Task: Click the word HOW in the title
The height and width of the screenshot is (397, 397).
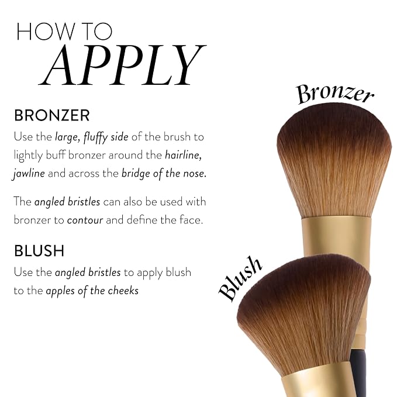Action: pyautogui.click(x=46, y=32)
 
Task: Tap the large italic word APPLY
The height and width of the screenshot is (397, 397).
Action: pyautogui.click(x=123, y=64)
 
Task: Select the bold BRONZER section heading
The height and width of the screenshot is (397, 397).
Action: pyautogui.click(x=52, y=115)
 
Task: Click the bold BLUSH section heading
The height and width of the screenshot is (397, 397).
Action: pyautogui.click(x=39, y=251)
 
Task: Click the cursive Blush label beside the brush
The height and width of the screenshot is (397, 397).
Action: pyautogui.click(x=240, y=278)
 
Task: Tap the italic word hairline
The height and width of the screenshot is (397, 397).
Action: pyautogui.click(x=184, y=155)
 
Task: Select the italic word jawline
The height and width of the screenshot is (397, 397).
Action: pyautogui.click(x=29, y=174)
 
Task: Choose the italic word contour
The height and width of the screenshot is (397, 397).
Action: pyautogui.click(x=85, y=220)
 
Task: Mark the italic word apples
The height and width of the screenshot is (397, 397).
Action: pyautogui.click(x=60, y=291)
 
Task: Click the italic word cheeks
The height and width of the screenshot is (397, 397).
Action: pyautogui.click(x=123, y=291)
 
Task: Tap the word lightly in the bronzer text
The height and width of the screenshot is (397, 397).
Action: pyautogui.click(x=28, y=156)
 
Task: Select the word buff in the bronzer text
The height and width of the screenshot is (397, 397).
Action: pyautogui.click(x=56, y=155)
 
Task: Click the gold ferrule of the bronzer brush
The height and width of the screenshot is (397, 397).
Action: pyautogui.click(x=337, y=236)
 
